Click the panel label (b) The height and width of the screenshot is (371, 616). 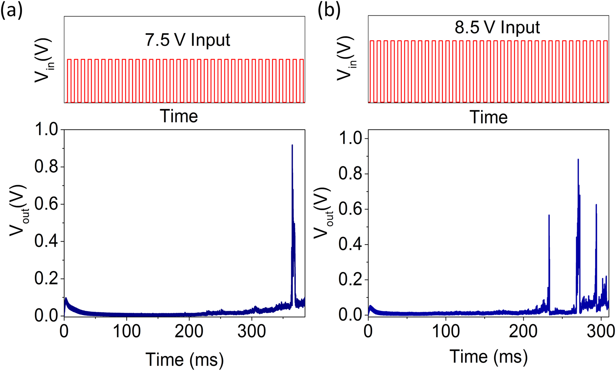pos(329,11)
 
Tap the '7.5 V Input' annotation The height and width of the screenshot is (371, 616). pos(188,40)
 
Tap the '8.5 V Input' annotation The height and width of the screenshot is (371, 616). pos(497,27)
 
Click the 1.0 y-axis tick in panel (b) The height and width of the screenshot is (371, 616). pos(352,139)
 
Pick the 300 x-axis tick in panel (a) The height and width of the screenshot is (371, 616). pos(251,331)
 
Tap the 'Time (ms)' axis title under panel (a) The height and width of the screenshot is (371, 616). pos(184,359)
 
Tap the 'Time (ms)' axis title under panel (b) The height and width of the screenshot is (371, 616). pos(489,356)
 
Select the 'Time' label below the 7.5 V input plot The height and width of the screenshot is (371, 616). pos(179,116)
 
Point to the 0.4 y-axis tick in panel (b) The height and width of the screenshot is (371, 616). pos(352,245)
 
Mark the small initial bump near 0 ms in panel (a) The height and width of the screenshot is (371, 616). pos(66,300)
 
